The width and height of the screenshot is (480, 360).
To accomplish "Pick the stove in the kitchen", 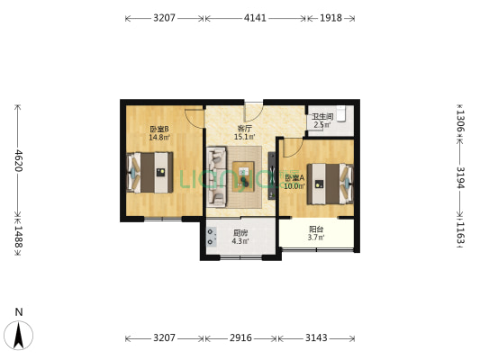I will pos(212,238).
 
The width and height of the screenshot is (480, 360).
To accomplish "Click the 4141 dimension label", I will pos(255,18).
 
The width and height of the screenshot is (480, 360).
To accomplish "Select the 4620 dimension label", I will pos(17,160).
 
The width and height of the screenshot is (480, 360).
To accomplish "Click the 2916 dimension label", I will pos(240,338).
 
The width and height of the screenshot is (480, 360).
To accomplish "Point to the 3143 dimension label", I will pos(316,338).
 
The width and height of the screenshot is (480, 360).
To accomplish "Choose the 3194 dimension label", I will pos(460,176).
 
